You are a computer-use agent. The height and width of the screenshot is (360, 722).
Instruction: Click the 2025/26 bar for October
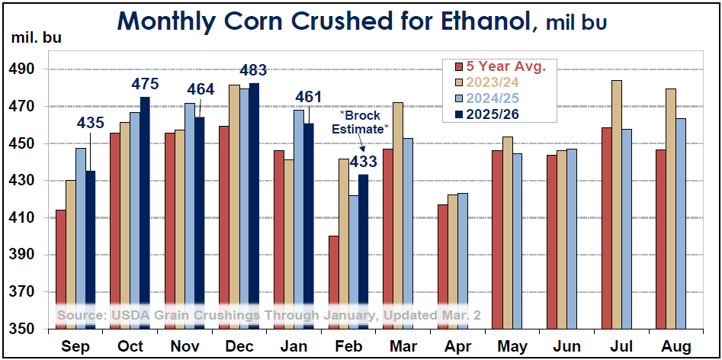click(145, 214)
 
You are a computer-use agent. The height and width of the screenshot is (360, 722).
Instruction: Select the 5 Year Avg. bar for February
click(333, 282)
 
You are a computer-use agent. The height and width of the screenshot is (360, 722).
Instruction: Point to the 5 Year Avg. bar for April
click(442, 267)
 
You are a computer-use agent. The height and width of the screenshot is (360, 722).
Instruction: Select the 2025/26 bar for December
click(254, 206)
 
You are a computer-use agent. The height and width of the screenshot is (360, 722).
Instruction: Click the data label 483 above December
click(254, 71)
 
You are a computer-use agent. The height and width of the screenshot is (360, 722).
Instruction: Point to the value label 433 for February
click(363, 161)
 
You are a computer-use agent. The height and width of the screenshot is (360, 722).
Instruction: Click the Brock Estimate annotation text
click(360, 123)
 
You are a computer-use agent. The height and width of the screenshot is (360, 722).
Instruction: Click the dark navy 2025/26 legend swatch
click(459, 115)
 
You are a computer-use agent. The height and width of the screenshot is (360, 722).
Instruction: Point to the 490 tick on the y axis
click(27, 69)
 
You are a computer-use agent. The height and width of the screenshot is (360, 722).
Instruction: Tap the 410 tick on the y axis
click(27, 218)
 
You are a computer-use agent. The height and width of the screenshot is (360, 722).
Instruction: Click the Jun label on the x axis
click(566, 347)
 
